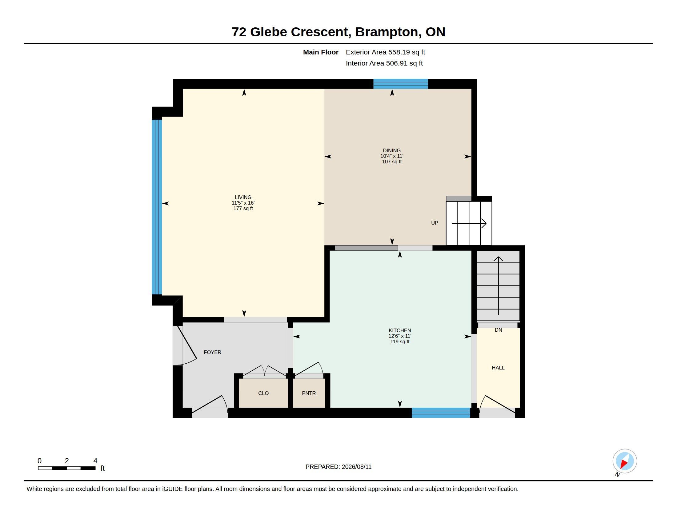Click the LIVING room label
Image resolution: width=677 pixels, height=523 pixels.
click(243, 198)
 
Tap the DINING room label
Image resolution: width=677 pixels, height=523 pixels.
click(392, 150)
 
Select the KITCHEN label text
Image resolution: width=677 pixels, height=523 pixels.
click(400, 331)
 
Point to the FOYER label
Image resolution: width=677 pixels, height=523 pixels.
click(212, 352)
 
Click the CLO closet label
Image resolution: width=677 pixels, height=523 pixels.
click(263, 393)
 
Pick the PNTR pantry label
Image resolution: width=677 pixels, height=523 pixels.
click(309, 393)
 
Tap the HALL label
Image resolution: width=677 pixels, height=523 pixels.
click(498, 368)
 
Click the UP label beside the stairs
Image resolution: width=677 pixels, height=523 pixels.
click(435, 223)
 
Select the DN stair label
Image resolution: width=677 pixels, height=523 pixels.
click(499, 330)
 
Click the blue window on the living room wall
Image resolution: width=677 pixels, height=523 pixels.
click(157, 207)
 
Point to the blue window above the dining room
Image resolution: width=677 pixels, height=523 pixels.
click(400, 84)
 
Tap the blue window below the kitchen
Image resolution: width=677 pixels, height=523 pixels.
click(441, 413)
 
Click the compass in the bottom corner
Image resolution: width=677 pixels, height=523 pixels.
click(625, 461)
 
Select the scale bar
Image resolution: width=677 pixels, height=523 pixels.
click(67, 468)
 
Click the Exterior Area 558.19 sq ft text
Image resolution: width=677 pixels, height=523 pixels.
click(385, 52)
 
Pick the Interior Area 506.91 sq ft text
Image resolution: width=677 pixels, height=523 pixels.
click(384, 63)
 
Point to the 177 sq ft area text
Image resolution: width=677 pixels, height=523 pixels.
click(243, 209)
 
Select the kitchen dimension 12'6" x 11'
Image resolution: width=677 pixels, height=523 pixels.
click(400, 336)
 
